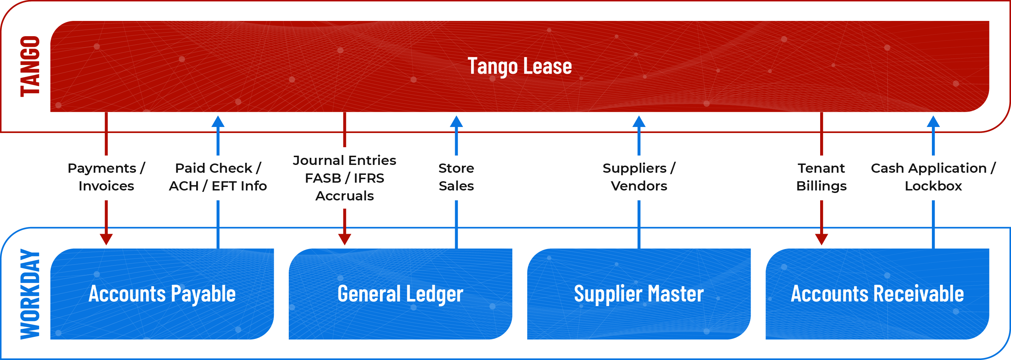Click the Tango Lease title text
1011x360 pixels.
pyautogui.click(x=520, y=66)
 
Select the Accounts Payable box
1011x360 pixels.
pyautogui.click(x=162, y=294)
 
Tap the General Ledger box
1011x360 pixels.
pyautogui.click(x=400, y=294)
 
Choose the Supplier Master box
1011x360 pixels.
pyautogui.click(x=639, y=294)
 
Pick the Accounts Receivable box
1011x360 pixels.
pyautogui.click(x=877, y=294)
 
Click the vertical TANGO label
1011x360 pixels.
pyautogui.click(x=30, y=66)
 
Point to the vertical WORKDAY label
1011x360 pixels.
pyautogui.click(x=30, y=294)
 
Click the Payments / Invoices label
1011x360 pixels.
pyautogui.click(x=106, y=177)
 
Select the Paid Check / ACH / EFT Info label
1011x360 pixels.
pyautogui.click(x=218, y=177)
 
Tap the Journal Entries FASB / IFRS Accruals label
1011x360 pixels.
pyautogui.click(x=344, y=178)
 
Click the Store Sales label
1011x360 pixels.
pyautogui.click(x=456, y=177)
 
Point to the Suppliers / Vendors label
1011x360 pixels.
pyautogui.click(x=639, y=177)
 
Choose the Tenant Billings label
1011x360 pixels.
pyautogui.click(x=822, y=177)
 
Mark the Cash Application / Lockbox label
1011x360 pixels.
pyautogui.click(x=933, y=177)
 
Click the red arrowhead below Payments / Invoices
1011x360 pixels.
pyautogui.click(x=106, y=239)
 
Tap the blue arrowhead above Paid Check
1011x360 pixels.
pyautogui.click(x=218, y=122)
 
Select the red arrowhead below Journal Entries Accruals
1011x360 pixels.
pyautogui.click(x=344, y=239)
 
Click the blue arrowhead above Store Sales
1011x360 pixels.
pyautogui.click(x=456, y=122)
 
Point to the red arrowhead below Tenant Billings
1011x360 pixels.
pyautogui.click(x=822, y=239)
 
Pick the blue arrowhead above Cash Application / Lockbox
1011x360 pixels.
pyautogui.click(x=933, y=122)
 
